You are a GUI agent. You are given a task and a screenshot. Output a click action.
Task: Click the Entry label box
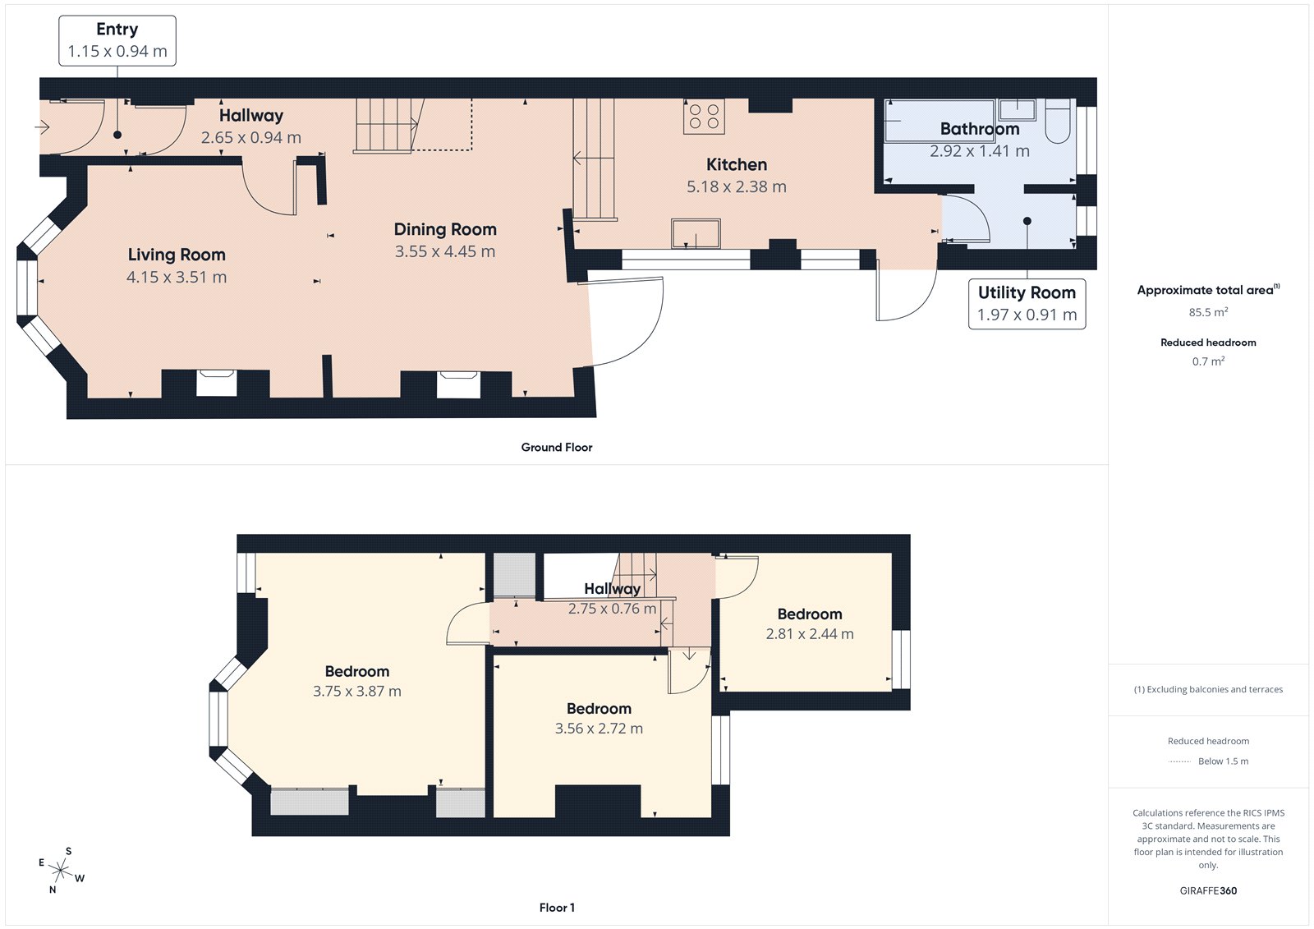[x=117, y=40]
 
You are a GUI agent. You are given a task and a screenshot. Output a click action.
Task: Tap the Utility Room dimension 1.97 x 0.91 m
[x=1027, y=315]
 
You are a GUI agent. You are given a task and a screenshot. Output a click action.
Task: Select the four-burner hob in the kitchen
[x=704, y=116]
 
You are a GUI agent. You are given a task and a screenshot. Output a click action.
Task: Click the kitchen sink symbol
[x=696, y=233]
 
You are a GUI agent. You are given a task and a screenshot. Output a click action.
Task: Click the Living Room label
[x=177, y=255]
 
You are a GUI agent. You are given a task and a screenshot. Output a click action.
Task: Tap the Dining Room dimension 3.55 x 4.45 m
[x=445, y=251]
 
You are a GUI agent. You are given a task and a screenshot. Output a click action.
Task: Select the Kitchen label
[x=737, y=164]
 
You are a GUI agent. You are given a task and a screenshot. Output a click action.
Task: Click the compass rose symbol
[x=61, y=869]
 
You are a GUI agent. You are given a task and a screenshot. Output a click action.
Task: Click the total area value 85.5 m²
[x=1208, y=312]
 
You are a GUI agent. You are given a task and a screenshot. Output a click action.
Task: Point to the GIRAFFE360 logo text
[x=1208, y=890]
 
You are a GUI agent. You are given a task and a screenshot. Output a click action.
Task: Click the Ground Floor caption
[x=556, y=447]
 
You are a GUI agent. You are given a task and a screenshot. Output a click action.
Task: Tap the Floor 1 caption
[x=557, y=908]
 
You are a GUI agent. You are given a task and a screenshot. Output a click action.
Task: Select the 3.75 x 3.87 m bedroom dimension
[x=356, y=692]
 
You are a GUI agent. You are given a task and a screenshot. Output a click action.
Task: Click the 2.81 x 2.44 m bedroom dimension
[x=809, y=634]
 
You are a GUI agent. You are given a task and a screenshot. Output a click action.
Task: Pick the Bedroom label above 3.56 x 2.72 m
[x=599, y=708]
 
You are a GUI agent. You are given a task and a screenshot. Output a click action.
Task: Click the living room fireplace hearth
[x=217, y=383]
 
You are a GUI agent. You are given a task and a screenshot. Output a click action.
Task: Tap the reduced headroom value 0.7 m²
[x=1208, y=361]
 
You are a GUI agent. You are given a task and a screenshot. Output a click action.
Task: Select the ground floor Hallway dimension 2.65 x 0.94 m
[x=251, y=138]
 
